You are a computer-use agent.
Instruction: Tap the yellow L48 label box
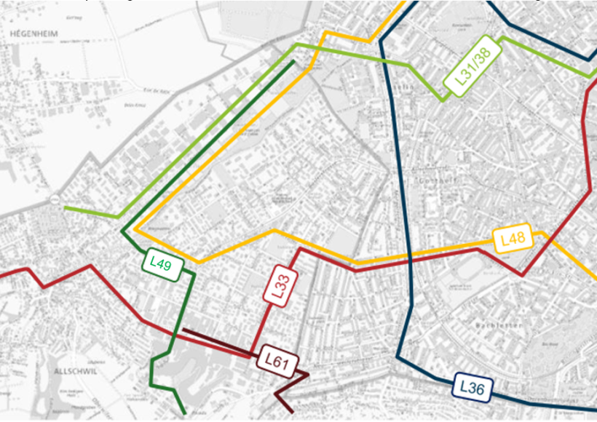(x=513, y=239)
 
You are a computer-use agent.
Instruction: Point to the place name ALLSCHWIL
(x=75, y=371)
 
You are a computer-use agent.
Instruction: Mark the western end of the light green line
(x=65, y=207)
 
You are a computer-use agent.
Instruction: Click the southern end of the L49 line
(x=185, y=414)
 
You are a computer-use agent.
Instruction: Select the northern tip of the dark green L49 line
(x=293, y=62)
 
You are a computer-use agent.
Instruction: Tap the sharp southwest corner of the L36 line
(x=398, y=357)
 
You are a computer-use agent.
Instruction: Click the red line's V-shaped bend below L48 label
(x=521, y=275)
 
